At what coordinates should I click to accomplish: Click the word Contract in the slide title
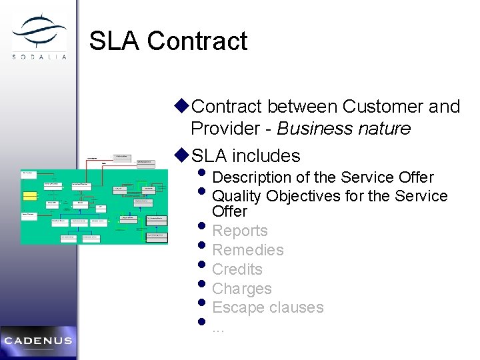[197, 41]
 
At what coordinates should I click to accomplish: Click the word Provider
[225, 129]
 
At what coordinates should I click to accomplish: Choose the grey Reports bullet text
[239, 231]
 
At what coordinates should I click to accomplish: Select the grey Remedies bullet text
[247, 251]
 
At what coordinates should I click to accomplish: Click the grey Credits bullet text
[237, 270]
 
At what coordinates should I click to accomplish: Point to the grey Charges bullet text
[241, 289]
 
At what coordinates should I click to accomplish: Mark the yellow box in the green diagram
[29, 195]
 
